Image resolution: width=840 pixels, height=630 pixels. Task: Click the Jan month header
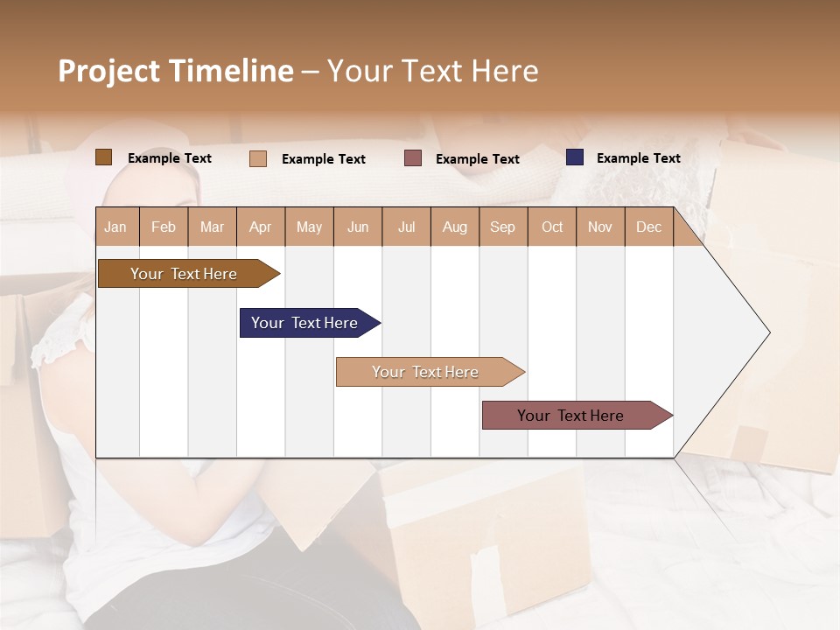tap(116, 227)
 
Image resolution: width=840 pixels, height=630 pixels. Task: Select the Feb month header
tap(164, 227)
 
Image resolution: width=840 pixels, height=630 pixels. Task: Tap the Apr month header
tap(261, 227)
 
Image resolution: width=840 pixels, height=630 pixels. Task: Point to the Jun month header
tap(358, 227)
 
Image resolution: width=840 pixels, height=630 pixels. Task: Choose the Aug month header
tap(455, 227)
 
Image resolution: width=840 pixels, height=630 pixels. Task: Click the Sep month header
tap(503, 227)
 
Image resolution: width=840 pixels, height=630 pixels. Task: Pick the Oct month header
tap(552, 227)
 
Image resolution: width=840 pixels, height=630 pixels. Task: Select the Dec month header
tap(649, 227)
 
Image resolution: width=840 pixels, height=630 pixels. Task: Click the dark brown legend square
tap(103, 157)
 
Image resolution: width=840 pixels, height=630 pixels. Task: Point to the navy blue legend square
tap(575, 157)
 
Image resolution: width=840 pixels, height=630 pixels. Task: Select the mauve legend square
tap(413, 158)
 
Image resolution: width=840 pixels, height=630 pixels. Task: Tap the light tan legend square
tap(258, 158)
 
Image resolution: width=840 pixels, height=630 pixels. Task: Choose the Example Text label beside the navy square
tap(638, 158)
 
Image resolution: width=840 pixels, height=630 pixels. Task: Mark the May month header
tap(309, 227)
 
